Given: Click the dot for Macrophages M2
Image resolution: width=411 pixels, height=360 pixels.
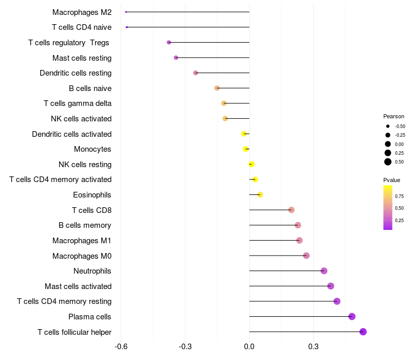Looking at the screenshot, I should coord(126,12).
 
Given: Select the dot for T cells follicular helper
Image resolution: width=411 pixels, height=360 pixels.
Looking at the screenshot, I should coord(363,332).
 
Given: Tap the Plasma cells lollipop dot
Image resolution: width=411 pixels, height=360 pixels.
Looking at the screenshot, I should coord(352,316).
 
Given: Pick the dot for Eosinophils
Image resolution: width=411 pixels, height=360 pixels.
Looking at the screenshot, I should coord(260,194).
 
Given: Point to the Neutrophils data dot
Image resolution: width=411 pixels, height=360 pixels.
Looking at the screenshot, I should coord(324,271).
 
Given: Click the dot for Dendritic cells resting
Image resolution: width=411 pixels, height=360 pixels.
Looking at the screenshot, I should coord(195,73).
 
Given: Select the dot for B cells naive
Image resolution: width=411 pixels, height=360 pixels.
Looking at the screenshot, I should coord(217,88).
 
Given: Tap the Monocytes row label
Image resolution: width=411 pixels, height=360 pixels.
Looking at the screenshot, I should coord(92,149).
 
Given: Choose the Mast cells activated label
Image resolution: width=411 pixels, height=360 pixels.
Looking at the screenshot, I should coord(78,286).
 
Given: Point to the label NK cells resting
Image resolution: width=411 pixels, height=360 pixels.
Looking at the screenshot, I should coord(85,165).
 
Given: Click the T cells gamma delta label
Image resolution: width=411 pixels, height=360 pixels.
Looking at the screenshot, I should coord(78,103).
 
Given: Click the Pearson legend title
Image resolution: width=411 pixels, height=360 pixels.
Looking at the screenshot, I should coord(394,116).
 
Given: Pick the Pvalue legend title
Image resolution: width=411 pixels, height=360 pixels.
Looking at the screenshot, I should coord(391,180).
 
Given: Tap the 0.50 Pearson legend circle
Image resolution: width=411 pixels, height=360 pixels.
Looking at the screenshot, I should coord(388,161).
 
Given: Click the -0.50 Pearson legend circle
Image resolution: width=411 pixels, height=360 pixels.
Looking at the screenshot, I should coord(388,126).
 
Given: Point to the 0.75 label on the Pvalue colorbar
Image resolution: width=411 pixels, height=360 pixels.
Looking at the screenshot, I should coord(399,196).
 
